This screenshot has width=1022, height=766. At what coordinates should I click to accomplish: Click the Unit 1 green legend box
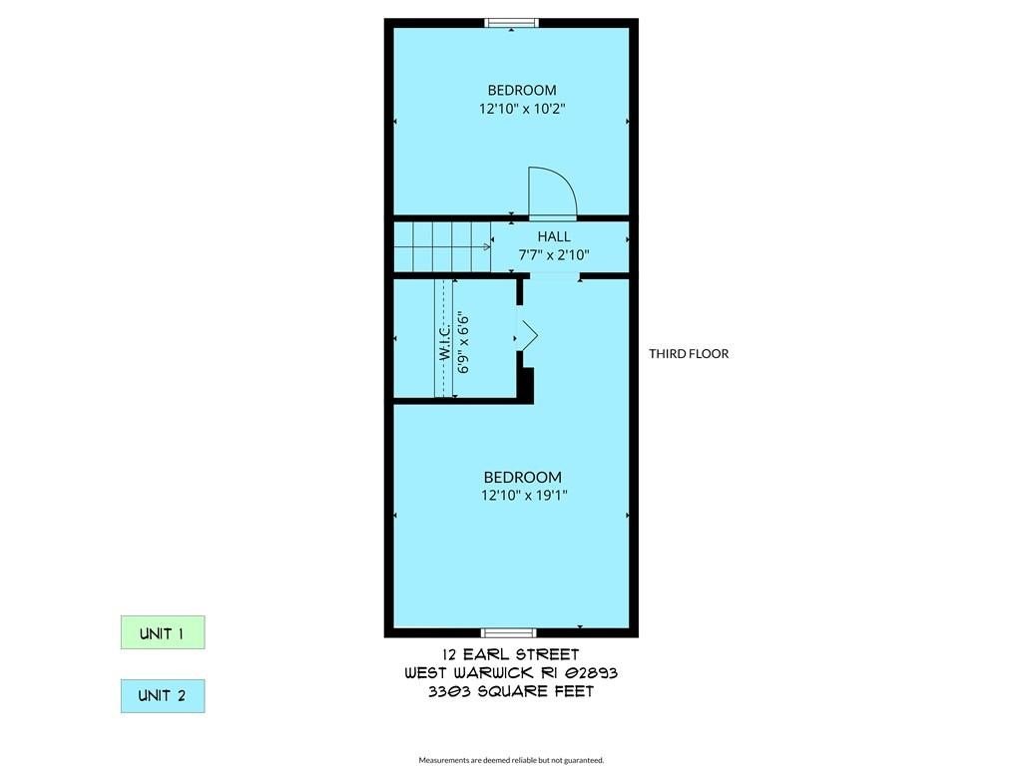[x=163, y=632]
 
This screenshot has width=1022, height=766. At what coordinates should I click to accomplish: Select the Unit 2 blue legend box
[x=163, y=695]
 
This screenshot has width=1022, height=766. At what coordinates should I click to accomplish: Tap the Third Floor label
[x=689, y=354]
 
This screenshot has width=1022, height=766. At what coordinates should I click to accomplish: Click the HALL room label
[x=554, y=236]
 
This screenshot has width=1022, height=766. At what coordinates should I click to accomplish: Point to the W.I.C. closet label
[x=445, y=341]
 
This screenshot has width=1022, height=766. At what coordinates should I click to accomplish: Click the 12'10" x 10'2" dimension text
[x=522, y=109]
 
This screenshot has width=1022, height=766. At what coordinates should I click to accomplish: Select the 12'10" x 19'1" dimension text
[x=524, y=495]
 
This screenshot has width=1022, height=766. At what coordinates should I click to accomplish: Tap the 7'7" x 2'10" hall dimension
[x=554, y=254]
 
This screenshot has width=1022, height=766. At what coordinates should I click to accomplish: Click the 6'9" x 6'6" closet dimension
[x=463, y=344]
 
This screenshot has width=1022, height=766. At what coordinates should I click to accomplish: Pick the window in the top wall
[x=512, y=24]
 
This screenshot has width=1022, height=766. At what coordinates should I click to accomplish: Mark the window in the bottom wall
[x=508, y=632]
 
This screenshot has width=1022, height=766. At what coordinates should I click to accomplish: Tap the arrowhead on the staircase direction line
[x=487, y=247]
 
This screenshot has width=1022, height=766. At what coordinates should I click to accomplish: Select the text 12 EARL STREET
[x=510, y=654]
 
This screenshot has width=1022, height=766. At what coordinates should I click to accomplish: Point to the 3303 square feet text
[x=511, y=692]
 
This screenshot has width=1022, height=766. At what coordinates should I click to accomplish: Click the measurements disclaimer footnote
[x=511, y=760]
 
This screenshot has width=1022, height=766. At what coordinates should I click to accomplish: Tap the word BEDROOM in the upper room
[x=522, y=90]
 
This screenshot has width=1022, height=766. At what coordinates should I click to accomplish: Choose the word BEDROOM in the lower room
[x=523, y=478]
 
